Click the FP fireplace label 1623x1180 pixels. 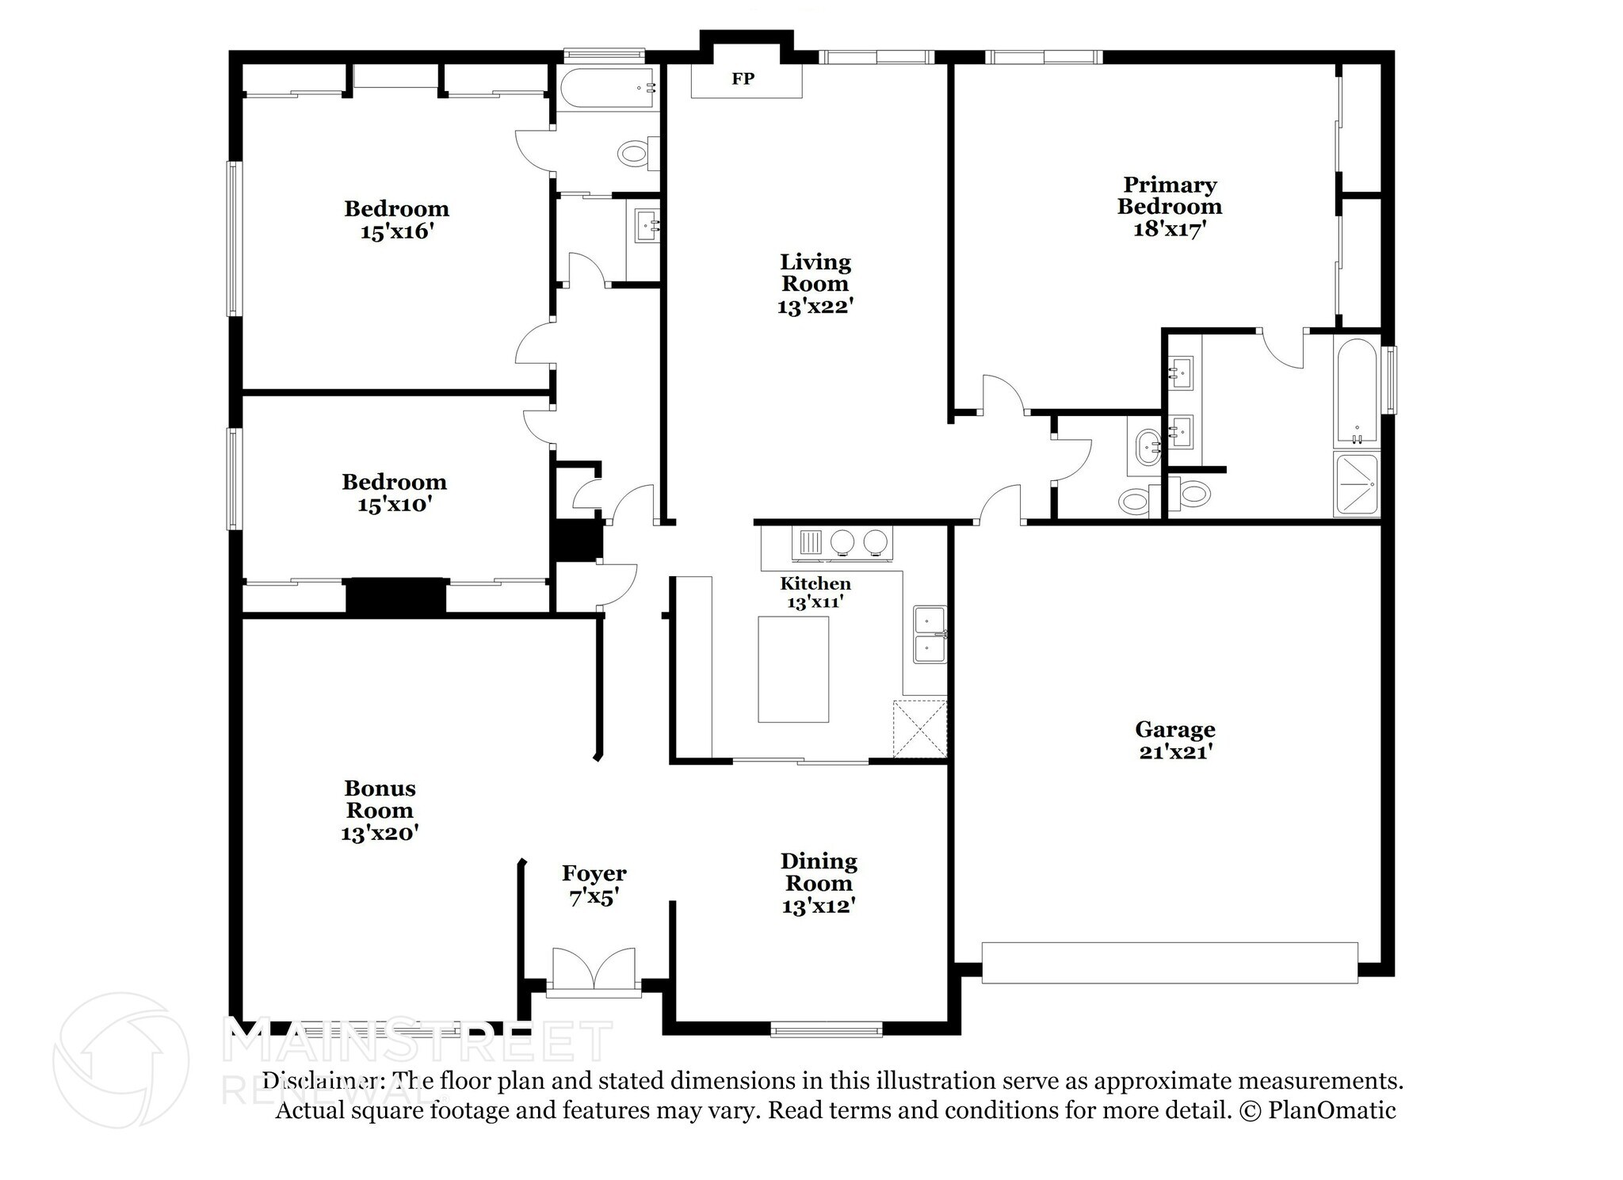coord(743,79)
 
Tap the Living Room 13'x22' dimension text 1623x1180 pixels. coord(815,307)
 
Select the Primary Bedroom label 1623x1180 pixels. coord(1169,196)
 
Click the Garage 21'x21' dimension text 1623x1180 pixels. coord(1175,752)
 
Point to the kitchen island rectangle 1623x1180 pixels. coord(793,670)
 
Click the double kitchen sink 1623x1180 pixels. coord(930,634)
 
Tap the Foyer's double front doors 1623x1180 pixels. coord(594,968)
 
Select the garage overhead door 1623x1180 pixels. coord(1170,962)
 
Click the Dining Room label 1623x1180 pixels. coord(819,872)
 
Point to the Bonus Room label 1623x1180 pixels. coord(380,799)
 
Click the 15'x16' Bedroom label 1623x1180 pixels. coord(396,209)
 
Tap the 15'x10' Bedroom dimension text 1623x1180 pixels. coord(394,505)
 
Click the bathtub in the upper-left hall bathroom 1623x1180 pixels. coord(607,88)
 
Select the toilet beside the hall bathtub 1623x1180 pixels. coord(636,153)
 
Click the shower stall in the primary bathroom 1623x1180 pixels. coord(1356,484)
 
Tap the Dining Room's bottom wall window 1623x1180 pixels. coord(827,1030)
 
